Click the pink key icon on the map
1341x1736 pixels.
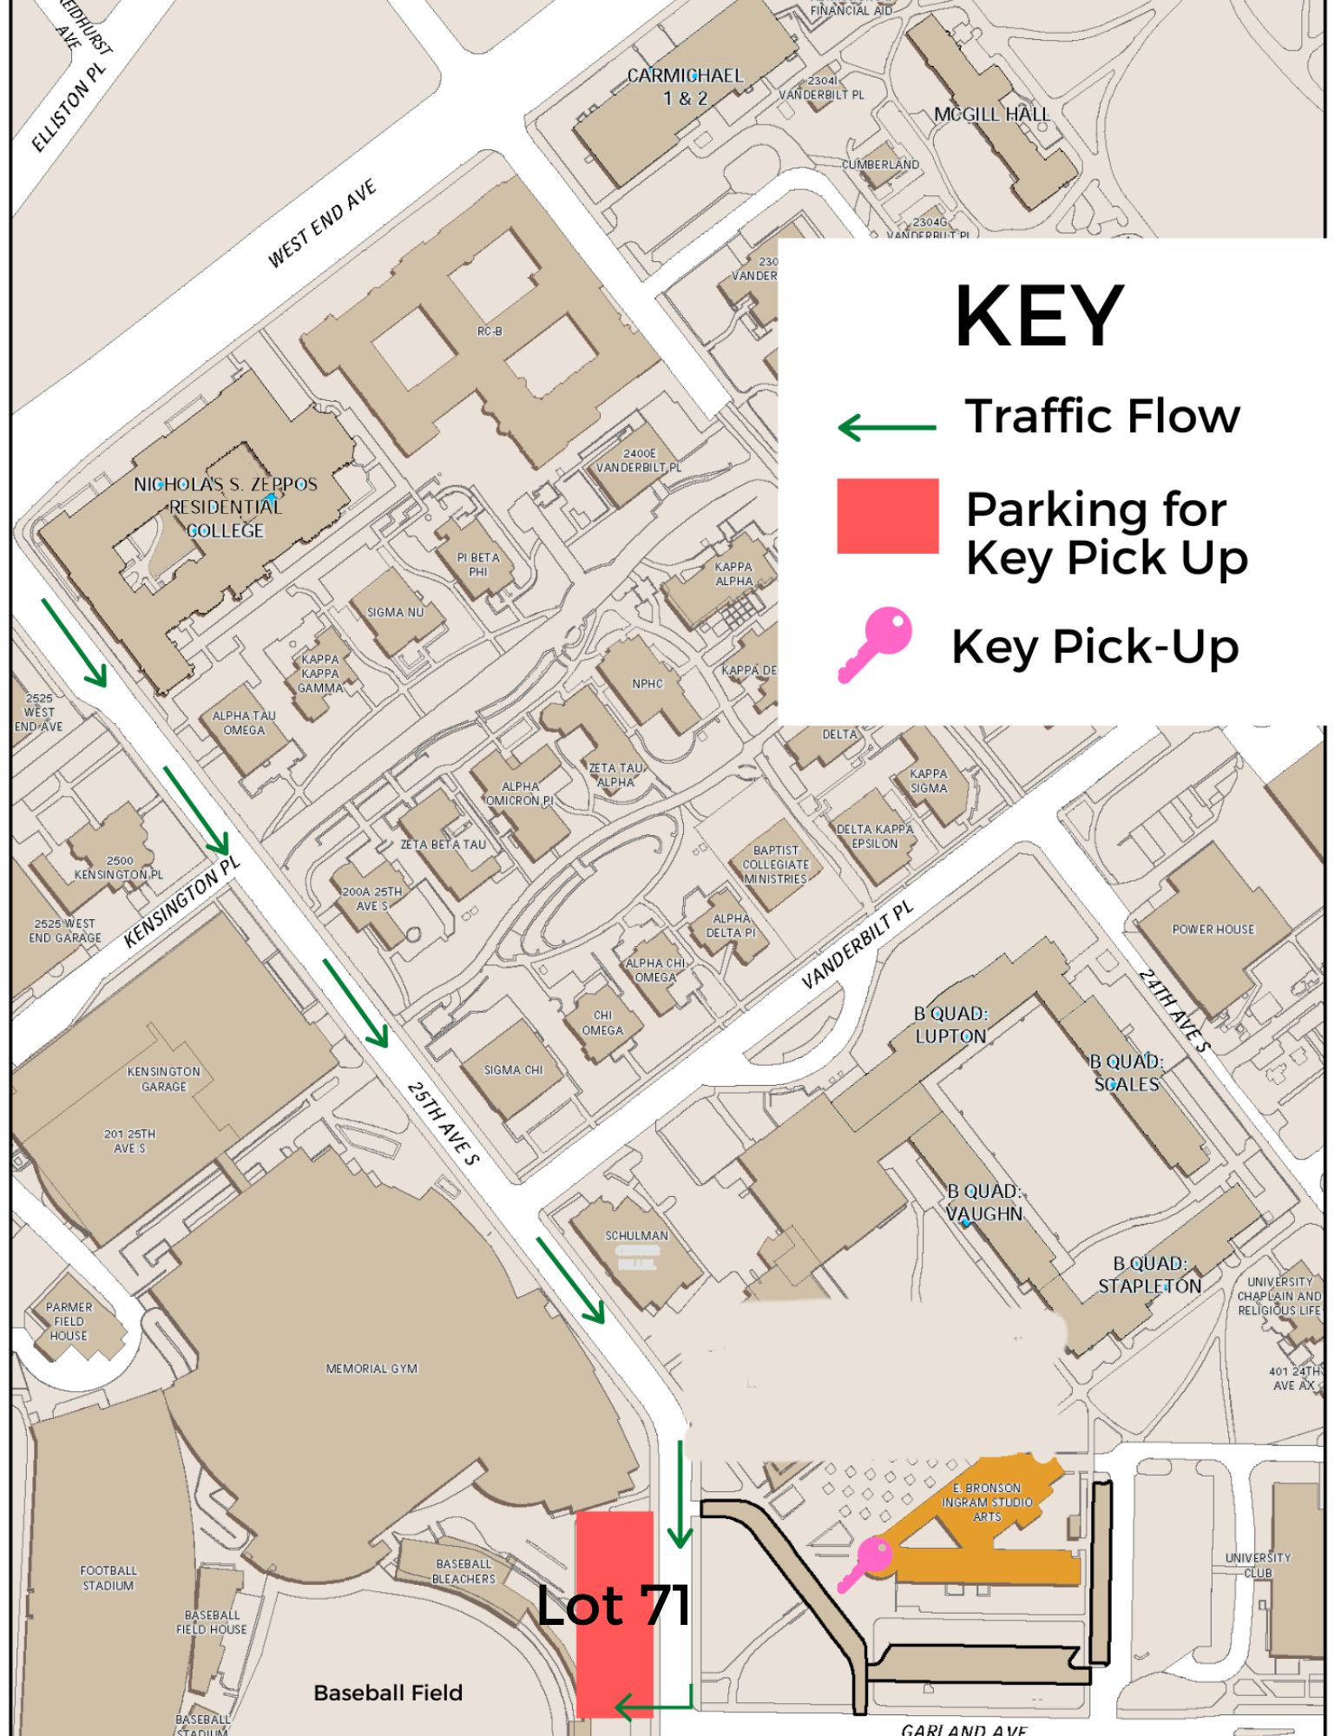[x=866, y=1562]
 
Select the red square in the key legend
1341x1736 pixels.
[x=887, y=516]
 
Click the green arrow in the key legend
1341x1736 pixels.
[x=886, y=427]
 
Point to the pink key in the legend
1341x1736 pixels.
[x=875, y=644]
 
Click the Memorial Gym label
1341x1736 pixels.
[x=371, y=1369]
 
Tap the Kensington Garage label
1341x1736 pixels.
[x=163, y=1079]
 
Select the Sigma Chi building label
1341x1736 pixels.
[x=513, y=1070]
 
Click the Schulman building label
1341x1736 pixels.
[x=636, y=1235]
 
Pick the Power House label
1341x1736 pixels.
[x=1213, y=930]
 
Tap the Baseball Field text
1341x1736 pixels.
[x=388, y=1693]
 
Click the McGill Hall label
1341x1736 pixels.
[x=991, y=115]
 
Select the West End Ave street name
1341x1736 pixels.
[x=322, y=223]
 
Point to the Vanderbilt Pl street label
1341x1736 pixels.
[x=857, y=944]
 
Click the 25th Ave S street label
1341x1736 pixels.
[x=443, y=1123]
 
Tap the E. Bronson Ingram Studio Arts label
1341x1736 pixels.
[x=987, y=1502]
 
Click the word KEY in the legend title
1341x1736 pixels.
[x=1039, y=317]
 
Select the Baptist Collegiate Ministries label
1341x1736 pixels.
[x=775, y=865]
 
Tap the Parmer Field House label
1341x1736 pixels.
[x=69, y=1321]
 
